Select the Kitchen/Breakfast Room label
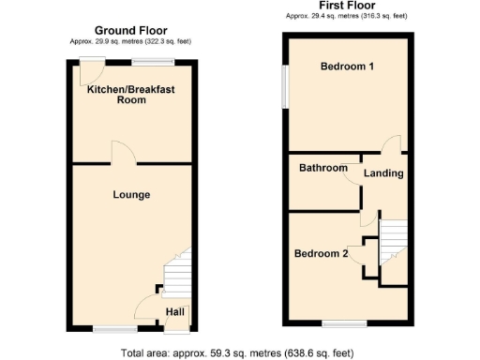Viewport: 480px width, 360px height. click(131, 95)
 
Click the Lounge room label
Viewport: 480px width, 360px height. click(131, 194)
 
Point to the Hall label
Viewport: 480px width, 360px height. click(175, 312)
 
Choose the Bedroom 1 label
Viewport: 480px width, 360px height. click(347, 67)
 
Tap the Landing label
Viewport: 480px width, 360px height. click(384, 173)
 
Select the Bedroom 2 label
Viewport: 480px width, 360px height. click(322, 253)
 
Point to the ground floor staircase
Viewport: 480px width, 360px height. click(176, 273)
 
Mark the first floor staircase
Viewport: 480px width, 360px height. click(393, 236)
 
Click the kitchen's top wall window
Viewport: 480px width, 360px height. click(153, 62)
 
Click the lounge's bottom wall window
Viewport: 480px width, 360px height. click(114, 329)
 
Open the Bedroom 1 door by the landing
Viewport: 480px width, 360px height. click(393, 143)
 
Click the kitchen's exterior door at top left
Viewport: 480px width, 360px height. click(91, 70)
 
